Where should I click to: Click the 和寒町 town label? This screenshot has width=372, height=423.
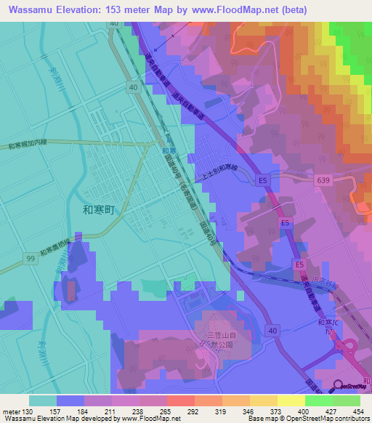(x=100, y=209)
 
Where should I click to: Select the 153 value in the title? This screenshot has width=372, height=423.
(x=134, y=9)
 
